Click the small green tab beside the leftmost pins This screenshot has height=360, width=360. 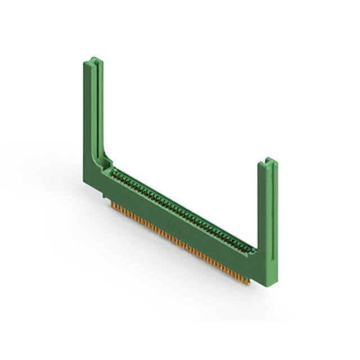tap(105, 196)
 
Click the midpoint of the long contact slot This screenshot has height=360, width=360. tap(183, 211)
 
